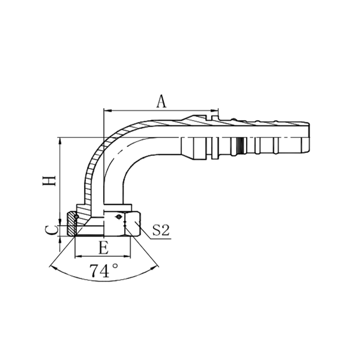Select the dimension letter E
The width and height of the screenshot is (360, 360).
103,247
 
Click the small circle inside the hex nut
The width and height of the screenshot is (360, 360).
120,217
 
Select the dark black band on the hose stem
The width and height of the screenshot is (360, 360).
240,143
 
